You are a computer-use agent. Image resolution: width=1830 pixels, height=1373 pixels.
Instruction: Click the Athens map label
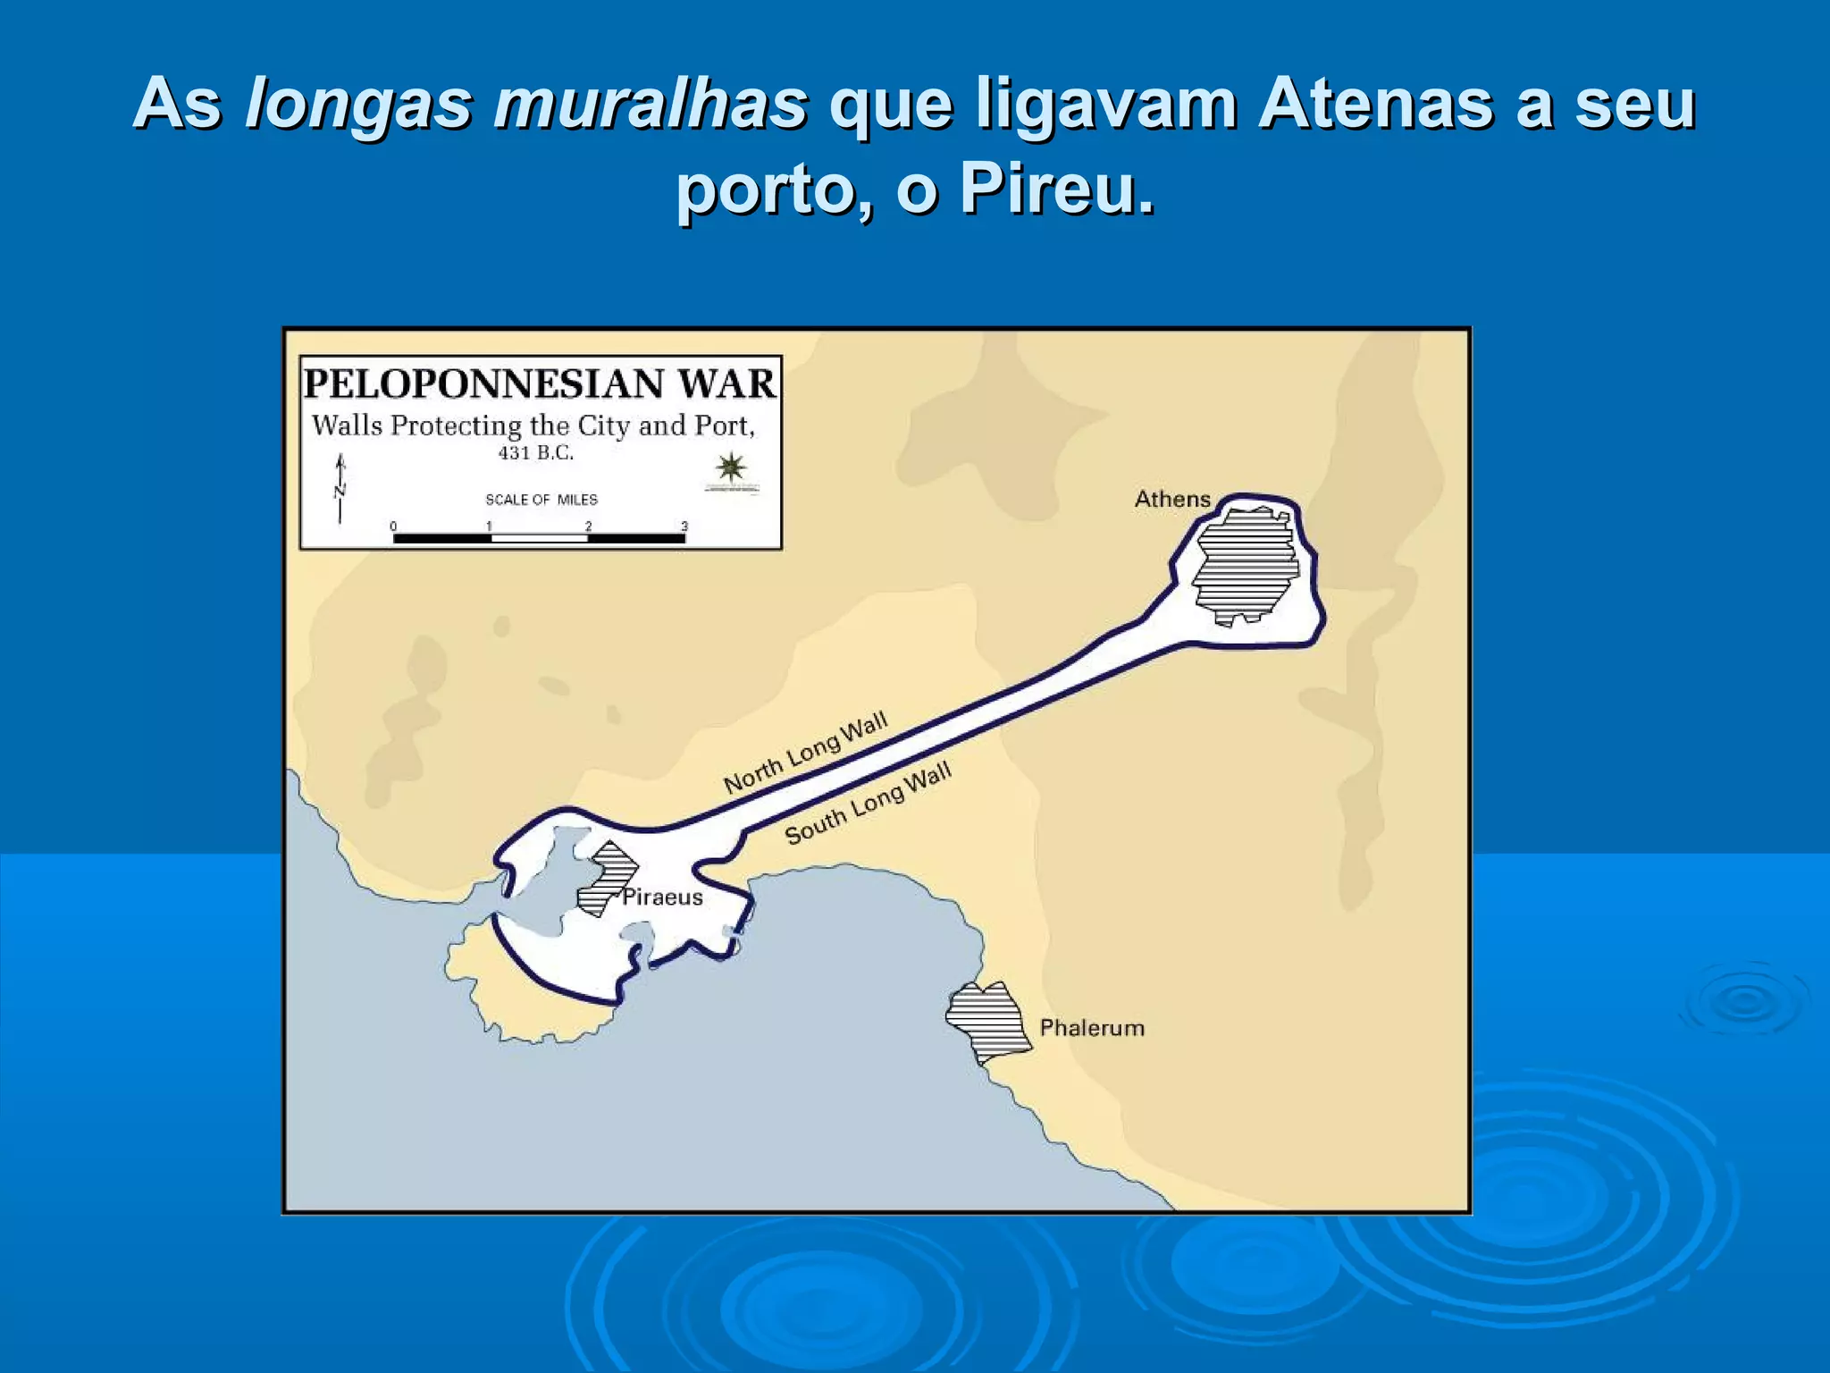pos(1172,499)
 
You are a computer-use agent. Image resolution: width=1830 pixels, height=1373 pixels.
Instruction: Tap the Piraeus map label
pos(662,897)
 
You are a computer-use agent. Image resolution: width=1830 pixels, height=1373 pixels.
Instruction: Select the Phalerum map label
pos(1092,1028)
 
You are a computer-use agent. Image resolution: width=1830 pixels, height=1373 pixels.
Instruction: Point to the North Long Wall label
pos(805,753)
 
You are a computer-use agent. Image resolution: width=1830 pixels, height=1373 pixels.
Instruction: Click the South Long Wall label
pos(868,803)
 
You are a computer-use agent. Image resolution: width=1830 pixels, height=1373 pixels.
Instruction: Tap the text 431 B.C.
pos(536,452)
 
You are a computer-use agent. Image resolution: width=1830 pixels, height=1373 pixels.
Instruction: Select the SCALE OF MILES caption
pos(541,500)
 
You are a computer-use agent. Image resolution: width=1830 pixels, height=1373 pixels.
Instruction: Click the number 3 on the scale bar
pos(684,526)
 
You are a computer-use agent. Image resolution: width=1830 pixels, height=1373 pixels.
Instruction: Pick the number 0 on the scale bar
pos(393,526)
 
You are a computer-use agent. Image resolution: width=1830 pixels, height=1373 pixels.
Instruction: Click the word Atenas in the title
pos(1376,104)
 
